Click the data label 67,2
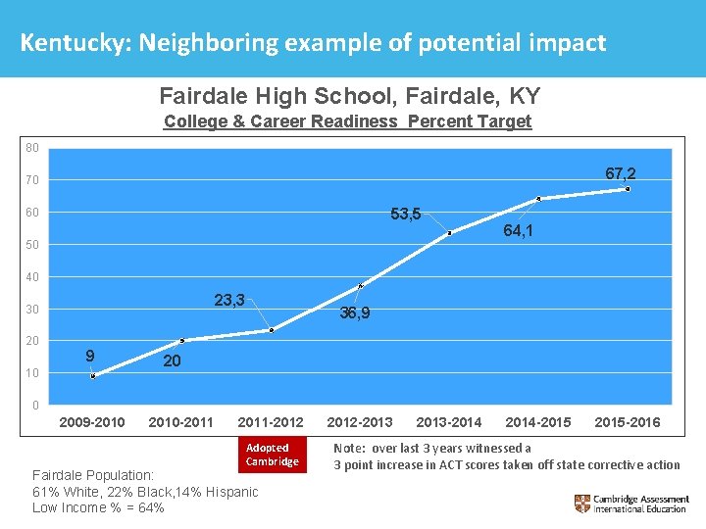tap(620, 173)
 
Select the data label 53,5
tap(405, 214)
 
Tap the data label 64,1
tap(518, 232)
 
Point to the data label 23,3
tap(229, 301)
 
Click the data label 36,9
tap(354, 313)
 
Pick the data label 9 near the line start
tap(89, 356)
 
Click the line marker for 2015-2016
tap(628, 189)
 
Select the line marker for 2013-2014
tap(449, 233)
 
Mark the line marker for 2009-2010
tap(93, 376)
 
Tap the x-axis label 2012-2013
tap(359, 422)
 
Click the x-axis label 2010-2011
tap(180, 422)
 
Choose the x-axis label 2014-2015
tap(538, 422)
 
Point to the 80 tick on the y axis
tap(32, 148)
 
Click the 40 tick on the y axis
tap(32, 277)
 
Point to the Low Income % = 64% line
tap(98, 507)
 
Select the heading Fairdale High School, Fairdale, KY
tap(349, 96)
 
